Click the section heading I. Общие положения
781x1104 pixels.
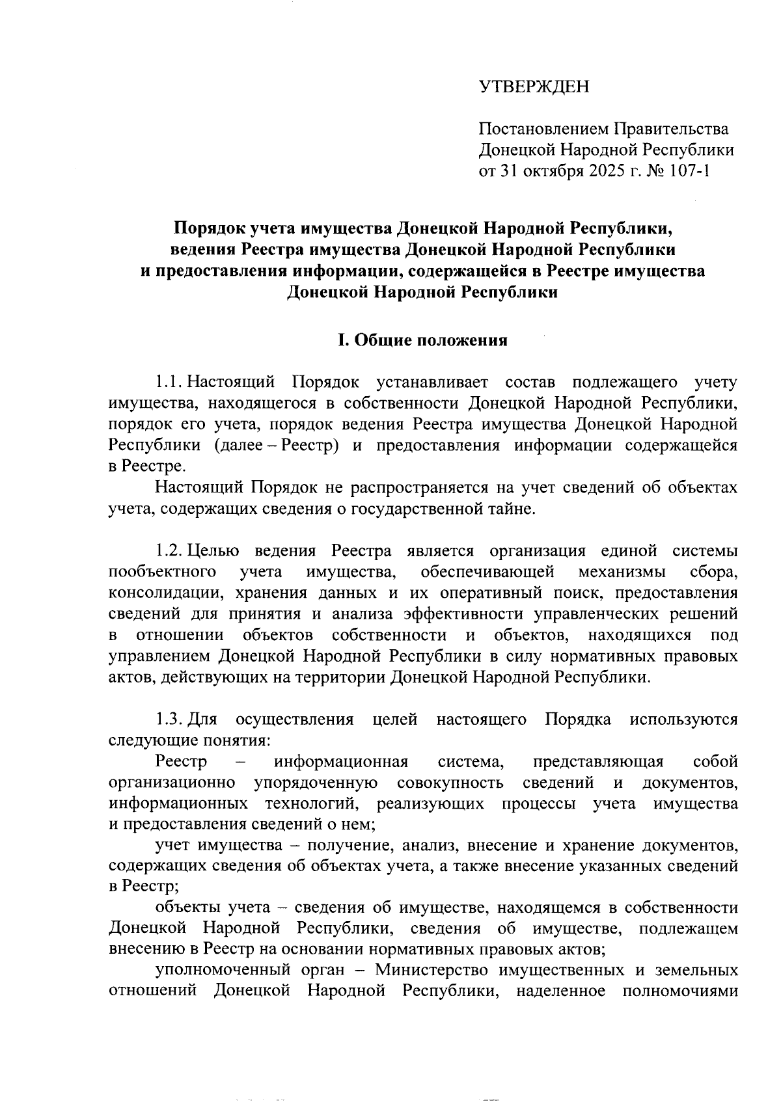pyautogui.click(x=422, y=340)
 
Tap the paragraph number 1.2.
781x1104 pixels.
pyautogui.click(x=171, y=551)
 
